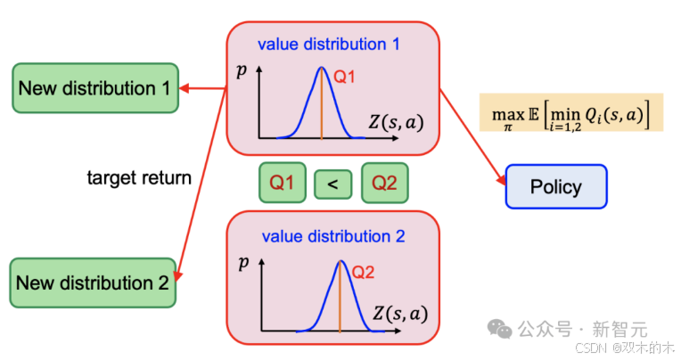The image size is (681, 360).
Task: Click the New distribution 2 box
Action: (x=94, y=283)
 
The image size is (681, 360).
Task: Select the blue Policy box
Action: (x=555, y=186)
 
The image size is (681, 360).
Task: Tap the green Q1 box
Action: (x=282, y=184)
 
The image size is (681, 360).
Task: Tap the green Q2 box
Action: (x=384, y=184)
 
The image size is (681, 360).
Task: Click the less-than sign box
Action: (x=332, y=184)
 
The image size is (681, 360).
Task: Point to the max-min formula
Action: (x=570, y=113)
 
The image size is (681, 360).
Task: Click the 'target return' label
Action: (x=139, y=178)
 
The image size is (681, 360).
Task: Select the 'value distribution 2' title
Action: (x=333, y=237)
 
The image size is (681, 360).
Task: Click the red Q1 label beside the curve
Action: (x=345, y=78)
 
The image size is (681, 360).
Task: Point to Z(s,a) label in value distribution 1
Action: (x=395, y=123)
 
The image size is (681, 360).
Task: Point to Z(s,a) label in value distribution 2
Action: (x=399, y=314)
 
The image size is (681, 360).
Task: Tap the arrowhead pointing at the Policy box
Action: (x=499, y=176)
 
